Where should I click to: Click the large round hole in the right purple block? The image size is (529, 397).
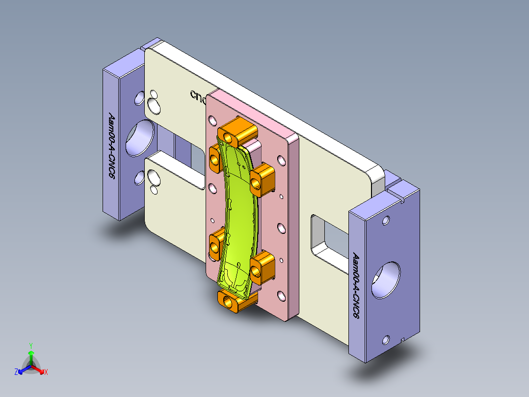386,280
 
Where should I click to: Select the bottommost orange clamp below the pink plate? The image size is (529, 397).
235,300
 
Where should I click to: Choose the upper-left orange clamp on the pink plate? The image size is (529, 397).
216,158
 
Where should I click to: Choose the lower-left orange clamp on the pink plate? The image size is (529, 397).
216,245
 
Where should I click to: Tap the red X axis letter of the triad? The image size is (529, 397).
46,372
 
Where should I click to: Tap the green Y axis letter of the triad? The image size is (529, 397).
30,345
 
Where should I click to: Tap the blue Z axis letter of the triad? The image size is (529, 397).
16,372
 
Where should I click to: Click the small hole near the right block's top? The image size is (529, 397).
386,220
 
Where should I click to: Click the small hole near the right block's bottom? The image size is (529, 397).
386,340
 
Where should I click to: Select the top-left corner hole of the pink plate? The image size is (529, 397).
212,120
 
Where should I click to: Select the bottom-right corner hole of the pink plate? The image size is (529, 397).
281,295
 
